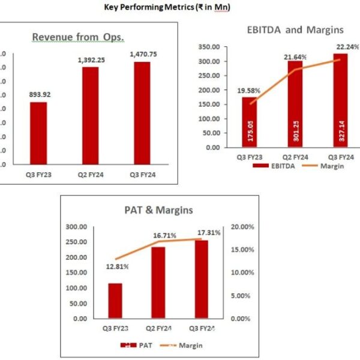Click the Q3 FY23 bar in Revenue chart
point(38,133)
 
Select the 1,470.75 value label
point(142,55)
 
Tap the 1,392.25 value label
point(91,60)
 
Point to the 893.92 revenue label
point(38,95)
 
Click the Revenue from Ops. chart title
point(78,37)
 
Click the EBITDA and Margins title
point(295,29)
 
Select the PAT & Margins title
point(155,211)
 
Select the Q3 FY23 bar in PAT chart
point(115,301)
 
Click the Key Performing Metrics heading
point(176,7)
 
